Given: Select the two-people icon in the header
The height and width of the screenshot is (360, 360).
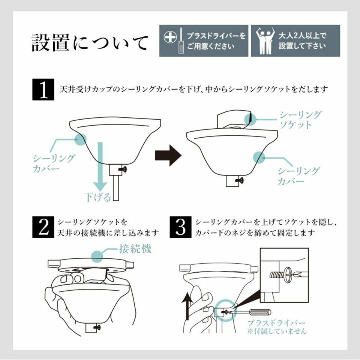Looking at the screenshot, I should [x=265, y=40].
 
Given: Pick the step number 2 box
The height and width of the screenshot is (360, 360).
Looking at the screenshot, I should [x=44, y=227].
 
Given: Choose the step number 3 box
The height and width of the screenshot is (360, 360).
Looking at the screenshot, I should [x=180, y=227].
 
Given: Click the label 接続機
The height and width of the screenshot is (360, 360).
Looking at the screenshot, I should [x=135, y=249].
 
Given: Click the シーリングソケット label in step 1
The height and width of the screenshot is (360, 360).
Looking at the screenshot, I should [x=300, y=120].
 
